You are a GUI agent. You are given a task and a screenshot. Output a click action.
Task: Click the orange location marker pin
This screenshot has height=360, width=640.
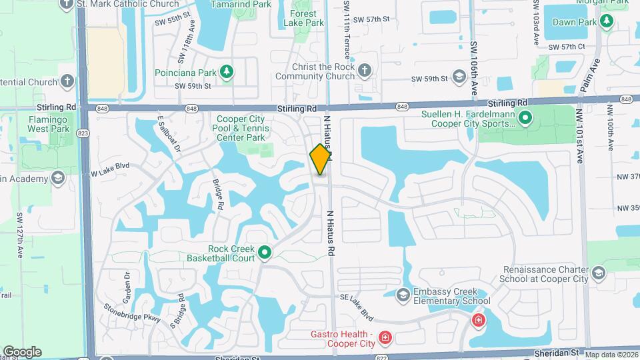tap(321, 159)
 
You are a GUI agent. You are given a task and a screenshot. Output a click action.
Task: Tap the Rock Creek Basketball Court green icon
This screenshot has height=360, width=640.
tap(265, 252)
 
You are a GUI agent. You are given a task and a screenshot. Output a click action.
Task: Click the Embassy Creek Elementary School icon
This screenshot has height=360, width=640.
tap(402, 295)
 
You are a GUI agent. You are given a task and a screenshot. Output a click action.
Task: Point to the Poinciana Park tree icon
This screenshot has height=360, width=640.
tap(227, 71)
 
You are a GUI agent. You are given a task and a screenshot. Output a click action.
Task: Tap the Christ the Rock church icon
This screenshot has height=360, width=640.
tap(364, 71)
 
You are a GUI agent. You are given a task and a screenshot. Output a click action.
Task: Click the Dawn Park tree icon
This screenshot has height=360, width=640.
tap(606, 22)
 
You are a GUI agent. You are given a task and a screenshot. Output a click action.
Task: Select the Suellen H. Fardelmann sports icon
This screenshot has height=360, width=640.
tap(525, 119)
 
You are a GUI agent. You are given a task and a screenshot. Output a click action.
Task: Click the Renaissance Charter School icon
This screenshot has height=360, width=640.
tap(598, 273)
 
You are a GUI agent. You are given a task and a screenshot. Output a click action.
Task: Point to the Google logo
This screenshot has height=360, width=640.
tap(21, 351)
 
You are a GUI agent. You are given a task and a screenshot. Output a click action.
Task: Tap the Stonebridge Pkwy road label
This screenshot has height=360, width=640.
tap(133, 314)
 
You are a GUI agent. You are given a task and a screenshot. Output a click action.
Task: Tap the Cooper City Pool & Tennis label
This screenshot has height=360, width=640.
tap(241, 128)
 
